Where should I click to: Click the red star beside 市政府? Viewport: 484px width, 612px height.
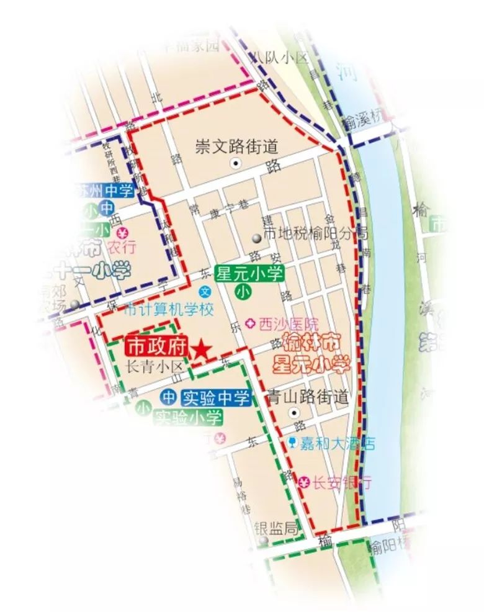coord(201,350)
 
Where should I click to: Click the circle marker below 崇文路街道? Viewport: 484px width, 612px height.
coord(235,164)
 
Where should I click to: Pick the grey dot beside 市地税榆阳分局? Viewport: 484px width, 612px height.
coord(256,238)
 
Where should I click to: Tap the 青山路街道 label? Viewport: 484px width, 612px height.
coord(306,395)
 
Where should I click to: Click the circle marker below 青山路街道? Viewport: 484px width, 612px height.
coord(295,413)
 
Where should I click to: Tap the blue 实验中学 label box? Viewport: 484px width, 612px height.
coord(215,397)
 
